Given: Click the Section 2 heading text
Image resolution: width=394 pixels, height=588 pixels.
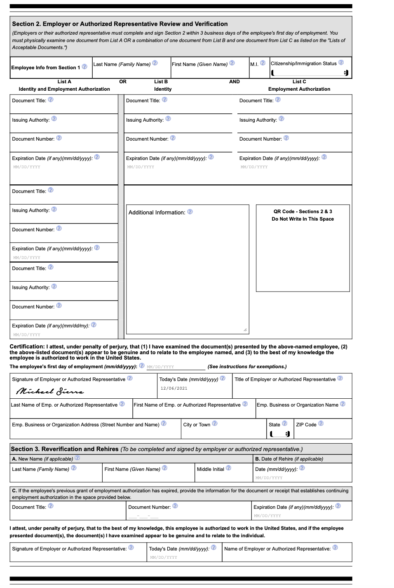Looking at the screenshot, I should (120, 24).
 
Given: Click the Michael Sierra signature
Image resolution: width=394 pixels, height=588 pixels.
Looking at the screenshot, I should (50, 391).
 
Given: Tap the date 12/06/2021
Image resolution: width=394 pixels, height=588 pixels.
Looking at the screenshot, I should (174, 388).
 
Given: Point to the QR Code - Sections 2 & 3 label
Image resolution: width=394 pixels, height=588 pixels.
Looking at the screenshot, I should (303, 212).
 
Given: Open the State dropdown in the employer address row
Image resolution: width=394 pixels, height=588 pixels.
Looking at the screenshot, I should (280, 434).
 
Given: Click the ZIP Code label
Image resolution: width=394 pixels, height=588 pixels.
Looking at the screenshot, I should (306, 425).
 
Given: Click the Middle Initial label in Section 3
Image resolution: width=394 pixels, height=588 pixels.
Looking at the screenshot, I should (210, 469).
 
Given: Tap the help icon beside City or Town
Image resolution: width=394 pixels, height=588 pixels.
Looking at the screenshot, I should (215, 423).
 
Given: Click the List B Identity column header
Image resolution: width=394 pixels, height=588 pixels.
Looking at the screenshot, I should (162, 85).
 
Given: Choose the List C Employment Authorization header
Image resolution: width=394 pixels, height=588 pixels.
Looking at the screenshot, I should (299, 85).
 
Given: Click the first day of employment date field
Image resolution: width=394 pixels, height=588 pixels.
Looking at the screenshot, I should (176, 367).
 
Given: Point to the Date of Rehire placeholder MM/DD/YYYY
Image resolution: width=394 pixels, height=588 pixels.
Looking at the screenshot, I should (269, 478).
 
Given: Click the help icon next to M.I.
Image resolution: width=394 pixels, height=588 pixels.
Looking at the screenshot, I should (263, 63).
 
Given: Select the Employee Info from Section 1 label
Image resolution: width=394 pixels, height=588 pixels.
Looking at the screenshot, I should (45, 68).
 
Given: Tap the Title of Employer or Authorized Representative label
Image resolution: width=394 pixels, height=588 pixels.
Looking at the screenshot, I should (285, 379).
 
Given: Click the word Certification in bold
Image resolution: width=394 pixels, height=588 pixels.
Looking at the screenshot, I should (27, 347).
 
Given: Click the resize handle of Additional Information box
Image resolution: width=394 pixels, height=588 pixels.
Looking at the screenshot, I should (245, 329).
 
